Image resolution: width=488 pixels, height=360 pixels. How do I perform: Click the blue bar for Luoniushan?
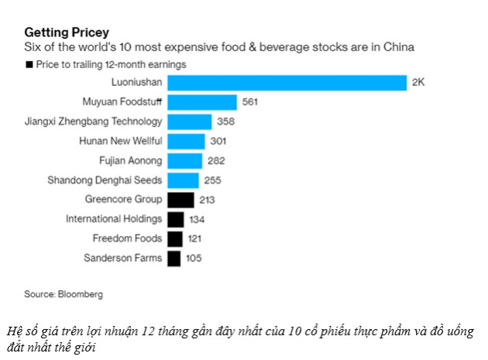tap(287, 83)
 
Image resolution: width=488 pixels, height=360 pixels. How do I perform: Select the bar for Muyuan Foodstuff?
tap(202, 102)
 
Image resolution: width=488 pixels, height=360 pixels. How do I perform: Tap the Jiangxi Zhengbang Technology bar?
tap(190, 122)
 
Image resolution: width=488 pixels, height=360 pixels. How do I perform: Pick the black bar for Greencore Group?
tap(180, 200)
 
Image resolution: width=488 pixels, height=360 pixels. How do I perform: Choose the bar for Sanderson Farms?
tap(174, 258)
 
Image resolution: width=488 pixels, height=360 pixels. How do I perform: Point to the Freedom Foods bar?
tap(175, 238)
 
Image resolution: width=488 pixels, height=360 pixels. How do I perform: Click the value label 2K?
tap(418, 83)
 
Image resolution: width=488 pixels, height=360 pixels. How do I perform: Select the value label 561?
tap(251, 102)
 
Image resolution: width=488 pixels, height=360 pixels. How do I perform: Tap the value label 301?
tap(219, 142)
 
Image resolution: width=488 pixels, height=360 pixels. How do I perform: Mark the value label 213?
tap(207, 200)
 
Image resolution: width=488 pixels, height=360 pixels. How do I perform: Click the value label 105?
tap(194, 258)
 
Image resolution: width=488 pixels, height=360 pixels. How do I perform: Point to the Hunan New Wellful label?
tap(121, 142)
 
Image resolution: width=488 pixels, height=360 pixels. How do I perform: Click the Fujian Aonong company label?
tap(131, 161)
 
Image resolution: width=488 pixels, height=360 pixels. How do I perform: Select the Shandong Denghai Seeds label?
tap(105, 180)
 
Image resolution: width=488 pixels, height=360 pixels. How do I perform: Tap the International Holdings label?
tap(114, 219)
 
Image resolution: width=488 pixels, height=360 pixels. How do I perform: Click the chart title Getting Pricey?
tap(67, 33)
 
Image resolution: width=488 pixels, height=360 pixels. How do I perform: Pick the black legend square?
tap(29, 65)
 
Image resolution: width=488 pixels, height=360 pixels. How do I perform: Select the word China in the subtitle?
tap(398, 47)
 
